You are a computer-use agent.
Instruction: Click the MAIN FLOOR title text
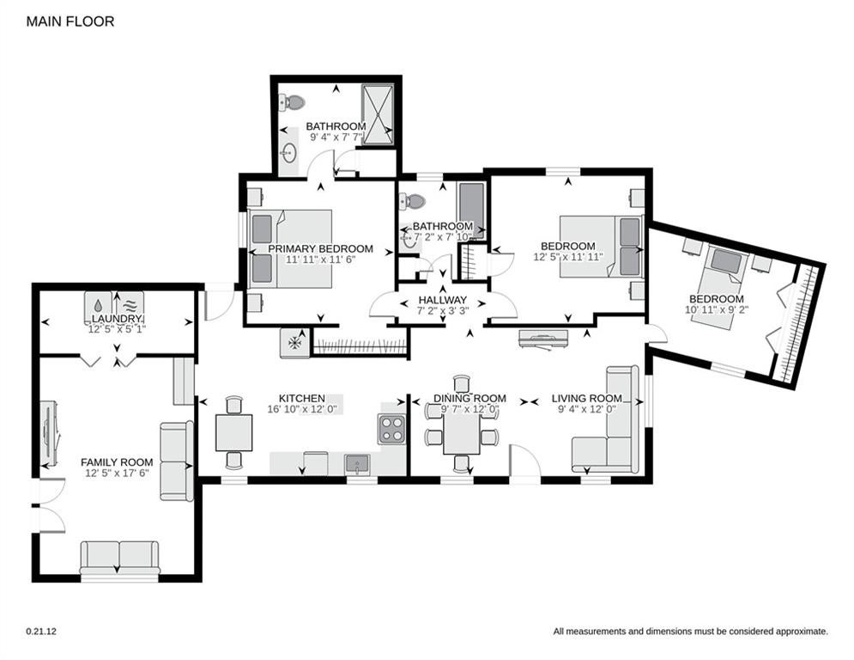(70, 21)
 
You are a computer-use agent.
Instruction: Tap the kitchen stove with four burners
(392, 428)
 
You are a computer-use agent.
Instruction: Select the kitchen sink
(357, 465)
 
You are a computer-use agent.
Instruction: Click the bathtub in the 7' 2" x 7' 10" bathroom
(472, 210)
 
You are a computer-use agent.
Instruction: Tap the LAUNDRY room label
(117, 319)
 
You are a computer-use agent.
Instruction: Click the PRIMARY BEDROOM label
(321, 248)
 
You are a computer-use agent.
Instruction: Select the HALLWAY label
(442, 300)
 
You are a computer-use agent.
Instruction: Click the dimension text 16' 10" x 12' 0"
(305, 409)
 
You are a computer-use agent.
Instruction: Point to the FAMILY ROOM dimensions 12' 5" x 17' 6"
(117, 473)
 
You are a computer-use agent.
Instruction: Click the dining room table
(462, 434)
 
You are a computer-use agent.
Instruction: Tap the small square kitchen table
(234, 432)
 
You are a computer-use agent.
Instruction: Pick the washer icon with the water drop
(99, 304)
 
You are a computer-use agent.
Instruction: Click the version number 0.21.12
(41, 632)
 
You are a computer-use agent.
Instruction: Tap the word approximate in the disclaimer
(801, 632)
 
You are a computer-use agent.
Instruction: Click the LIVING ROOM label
(586, 398)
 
